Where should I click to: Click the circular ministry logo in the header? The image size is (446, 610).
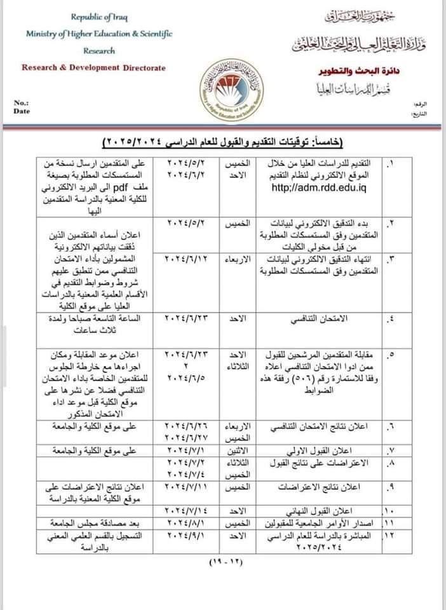[x=223, y=91]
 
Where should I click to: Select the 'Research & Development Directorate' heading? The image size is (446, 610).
[x=93, y=67]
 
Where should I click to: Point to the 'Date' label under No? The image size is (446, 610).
[x=21, y=111]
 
